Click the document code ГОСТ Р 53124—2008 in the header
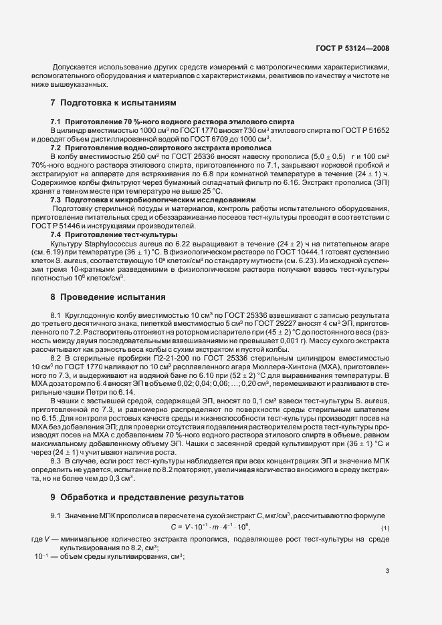tap(352, 49)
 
